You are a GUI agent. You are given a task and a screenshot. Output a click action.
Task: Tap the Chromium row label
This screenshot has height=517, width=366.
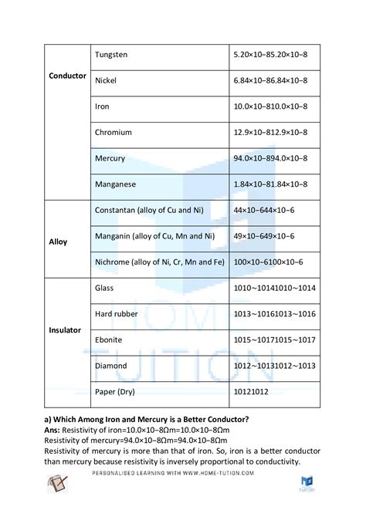112,133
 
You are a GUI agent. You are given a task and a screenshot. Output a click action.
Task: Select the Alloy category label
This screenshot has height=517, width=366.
58,242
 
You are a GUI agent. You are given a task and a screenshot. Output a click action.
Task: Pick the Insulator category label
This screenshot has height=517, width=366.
64,329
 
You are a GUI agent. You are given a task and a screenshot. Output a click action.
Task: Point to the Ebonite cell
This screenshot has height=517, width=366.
108,340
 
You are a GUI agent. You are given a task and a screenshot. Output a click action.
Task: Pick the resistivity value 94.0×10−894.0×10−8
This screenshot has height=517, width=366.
270,158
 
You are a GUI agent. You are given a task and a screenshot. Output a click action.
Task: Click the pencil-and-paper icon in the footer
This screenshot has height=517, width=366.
57,484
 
